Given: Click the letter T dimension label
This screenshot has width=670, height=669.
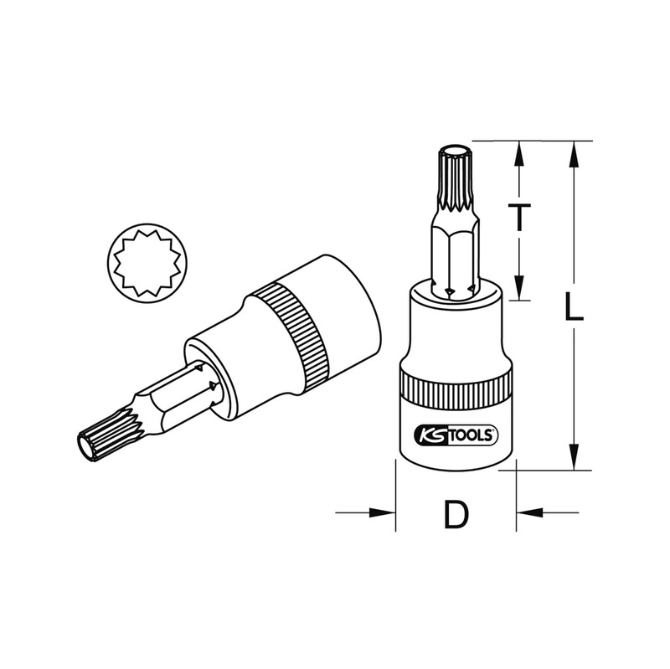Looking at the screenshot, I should [520, 219].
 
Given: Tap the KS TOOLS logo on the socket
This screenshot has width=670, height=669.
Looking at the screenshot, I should [456, 435].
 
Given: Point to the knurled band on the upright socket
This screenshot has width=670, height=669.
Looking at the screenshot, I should [456, 390].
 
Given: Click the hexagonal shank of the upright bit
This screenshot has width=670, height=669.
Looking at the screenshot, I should [454, 255].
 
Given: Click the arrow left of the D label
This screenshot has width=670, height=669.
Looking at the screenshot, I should [381, 512].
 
